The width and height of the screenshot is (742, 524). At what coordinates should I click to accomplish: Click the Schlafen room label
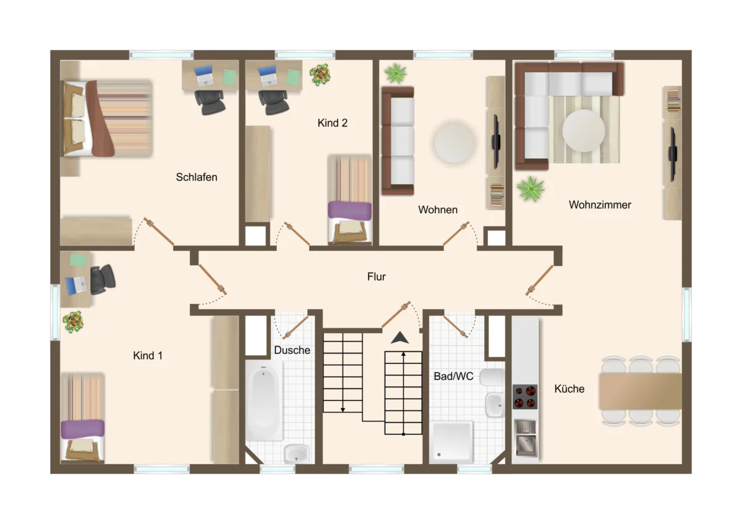click(x=197, y=177)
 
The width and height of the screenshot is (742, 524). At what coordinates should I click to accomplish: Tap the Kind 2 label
click(x=332, y=123)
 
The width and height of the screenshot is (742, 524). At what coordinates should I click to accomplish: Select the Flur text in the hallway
click(x=377, y=276)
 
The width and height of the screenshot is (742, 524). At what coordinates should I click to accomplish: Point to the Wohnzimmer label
click(x=600, y=205)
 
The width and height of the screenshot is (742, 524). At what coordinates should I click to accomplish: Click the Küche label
click(x=569, y=388)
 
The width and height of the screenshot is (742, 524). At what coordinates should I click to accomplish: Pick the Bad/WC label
click(x=453, y=376)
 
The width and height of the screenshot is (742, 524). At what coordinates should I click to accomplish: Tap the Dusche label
click(x=292, y=350)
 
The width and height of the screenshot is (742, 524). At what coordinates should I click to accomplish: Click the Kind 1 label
click(x=148, y=355)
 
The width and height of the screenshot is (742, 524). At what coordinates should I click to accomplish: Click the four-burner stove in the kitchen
click(x=525, y=397)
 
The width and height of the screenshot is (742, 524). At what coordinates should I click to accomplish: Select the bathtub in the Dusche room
click(x=264, y=400)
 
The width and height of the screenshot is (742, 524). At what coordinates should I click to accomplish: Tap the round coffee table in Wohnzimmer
click(x=583, y=131)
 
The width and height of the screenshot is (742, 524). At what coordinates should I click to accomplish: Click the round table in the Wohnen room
click(x=454, y=142)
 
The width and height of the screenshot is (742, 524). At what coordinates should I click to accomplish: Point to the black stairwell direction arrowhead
click(x=400, y=337)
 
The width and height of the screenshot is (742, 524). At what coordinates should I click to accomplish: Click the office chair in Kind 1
click(x=103, y=279)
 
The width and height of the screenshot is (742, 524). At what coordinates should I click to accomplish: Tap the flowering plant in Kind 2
click(x=320, y=75)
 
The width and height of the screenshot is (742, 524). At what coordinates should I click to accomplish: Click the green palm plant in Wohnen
click(x=396, y=74)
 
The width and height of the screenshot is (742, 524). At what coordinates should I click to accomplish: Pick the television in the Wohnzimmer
click(x=673, y=154)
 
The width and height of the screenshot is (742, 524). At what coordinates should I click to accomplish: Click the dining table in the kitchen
click(x=640, y=391)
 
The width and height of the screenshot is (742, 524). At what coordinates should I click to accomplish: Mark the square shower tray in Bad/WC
click(x=451, y=442)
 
